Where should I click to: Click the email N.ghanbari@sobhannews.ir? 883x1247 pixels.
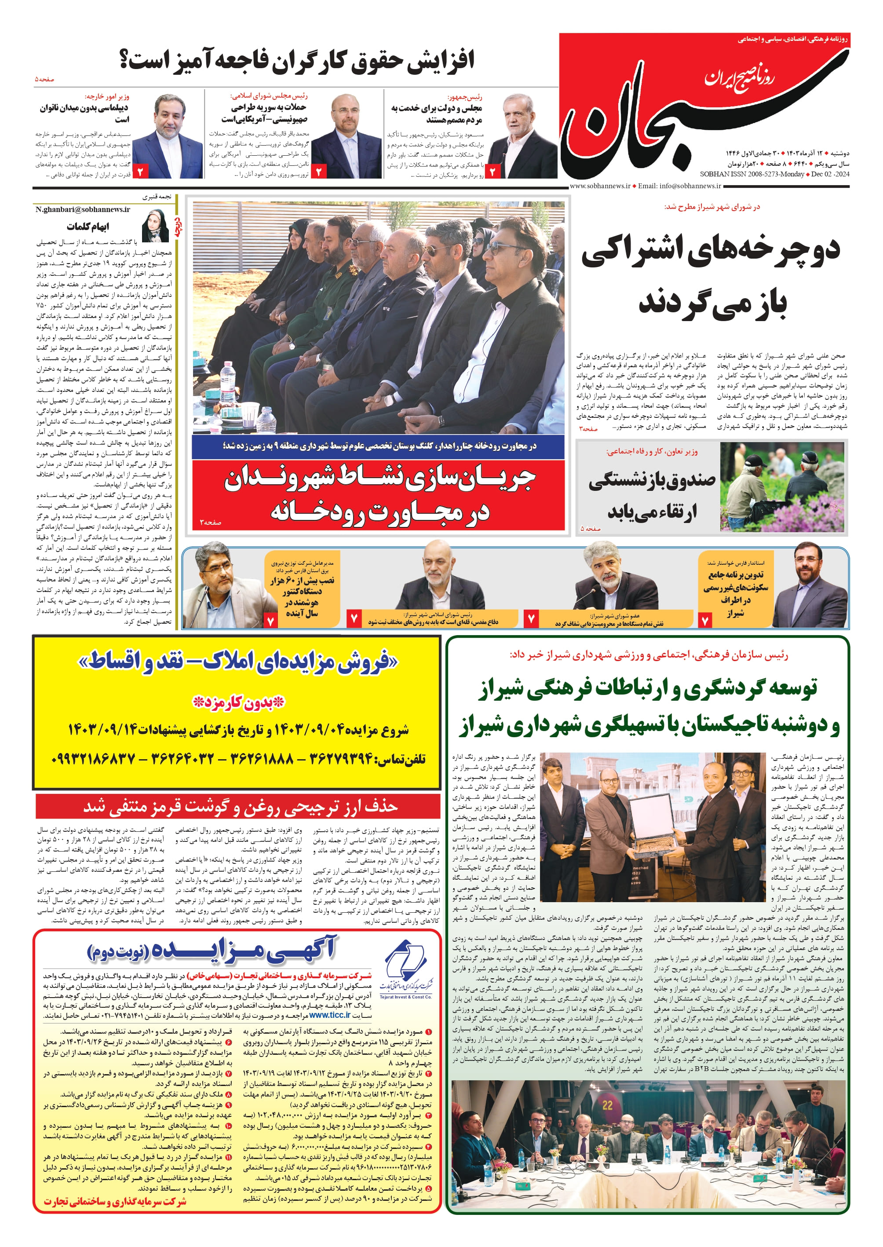coord(83,209)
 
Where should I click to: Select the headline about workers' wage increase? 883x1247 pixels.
coord(297,60)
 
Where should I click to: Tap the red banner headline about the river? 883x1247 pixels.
coord(379,494)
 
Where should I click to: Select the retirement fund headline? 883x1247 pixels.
coord(653,495)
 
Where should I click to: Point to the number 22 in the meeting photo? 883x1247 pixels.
coord(607,1105)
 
